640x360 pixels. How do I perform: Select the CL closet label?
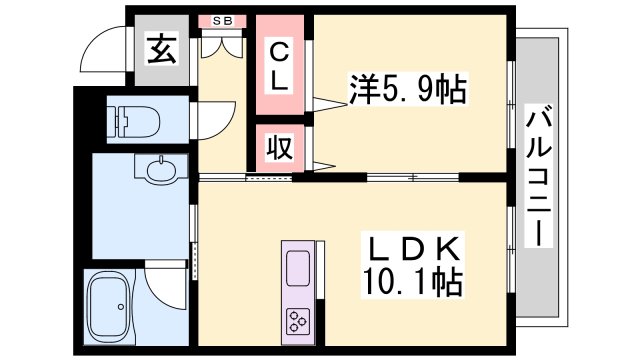point(279,64)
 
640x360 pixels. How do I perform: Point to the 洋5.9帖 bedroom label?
point(408,91)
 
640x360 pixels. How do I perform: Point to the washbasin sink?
point(160,173)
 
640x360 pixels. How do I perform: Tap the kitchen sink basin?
point(298,267)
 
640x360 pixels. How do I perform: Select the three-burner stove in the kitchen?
point(298,320)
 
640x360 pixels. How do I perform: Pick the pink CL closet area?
point(281,65)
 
